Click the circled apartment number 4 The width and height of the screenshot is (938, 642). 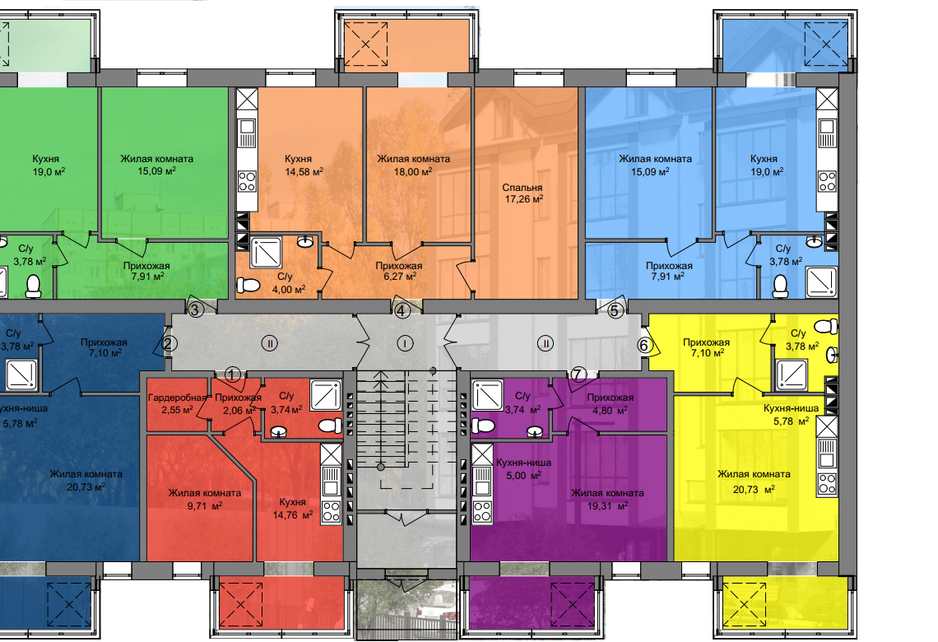402,311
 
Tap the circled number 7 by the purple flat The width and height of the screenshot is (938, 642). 578,375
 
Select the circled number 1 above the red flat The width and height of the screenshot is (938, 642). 233,375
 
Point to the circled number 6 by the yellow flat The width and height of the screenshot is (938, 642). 643,345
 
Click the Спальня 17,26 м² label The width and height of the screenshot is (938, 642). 523,193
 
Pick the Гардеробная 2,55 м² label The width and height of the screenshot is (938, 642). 177,404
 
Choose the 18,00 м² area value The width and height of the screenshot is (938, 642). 413,172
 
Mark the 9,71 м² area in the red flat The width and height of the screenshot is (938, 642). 204,506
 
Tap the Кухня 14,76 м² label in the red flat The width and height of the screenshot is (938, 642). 293,509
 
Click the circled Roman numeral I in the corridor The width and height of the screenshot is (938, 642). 406,343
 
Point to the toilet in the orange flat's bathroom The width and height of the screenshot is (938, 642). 248,285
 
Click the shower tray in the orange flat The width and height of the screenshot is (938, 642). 266,253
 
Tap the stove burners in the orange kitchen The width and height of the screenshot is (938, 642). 247,181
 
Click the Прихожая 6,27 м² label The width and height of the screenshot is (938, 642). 399,271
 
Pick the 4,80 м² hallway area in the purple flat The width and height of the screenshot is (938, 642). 610,411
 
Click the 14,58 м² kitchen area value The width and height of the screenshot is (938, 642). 304,172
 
